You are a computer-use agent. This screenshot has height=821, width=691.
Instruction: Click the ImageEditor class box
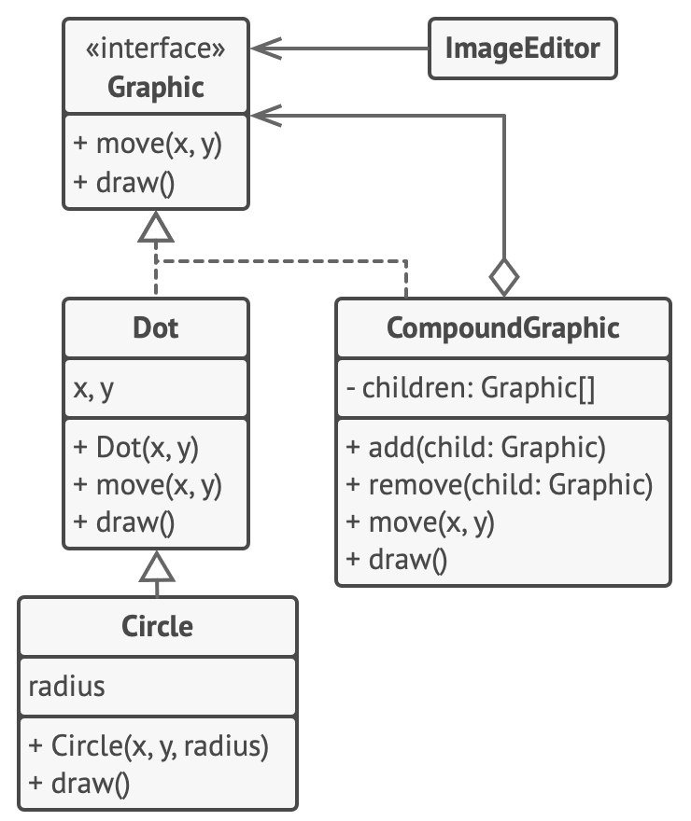(522, 49)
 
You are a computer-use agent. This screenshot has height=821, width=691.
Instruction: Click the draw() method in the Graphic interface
(123, 182)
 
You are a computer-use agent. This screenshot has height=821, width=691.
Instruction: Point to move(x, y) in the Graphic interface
(147, 145)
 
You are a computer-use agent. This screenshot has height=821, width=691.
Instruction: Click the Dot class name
(156, 327)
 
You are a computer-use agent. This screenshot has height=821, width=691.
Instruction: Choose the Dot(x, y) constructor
(134, 447)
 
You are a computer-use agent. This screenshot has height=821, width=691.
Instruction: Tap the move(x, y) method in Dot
(147, 485)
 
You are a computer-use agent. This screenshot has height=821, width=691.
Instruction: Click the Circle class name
(158, 625)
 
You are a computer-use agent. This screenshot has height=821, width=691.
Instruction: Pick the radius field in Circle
(66, 687)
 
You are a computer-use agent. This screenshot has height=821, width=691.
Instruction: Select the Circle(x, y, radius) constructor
(148, 745)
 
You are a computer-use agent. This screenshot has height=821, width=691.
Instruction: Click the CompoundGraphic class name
(502, 327)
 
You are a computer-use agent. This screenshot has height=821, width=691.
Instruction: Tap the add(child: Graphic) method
(475, 448)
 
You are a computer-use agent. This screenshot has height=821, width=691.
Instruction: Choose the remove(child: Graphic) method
(499, 485)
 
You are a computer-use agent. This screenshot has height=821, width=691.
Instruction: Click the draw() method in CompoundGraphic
(397, 560)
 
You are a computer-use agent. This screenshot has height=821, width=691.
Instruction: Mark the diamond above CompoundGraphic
(504, 278)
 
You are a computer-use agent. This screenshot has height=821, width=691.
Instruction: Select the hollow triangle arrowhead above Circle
(158, 566)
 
